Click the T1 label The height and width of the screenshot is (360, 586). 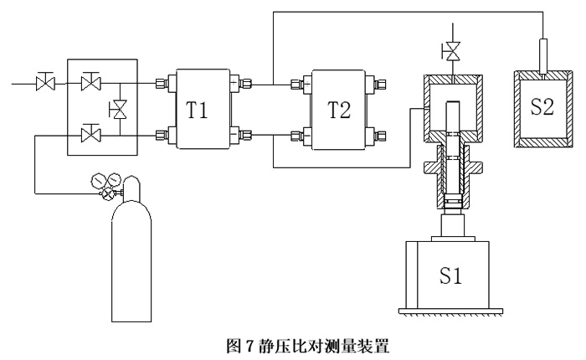(198, 111)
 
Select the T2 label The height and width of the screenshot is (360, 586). (340, 111)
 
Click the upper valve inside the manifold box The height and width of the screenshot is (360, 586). (88, 83)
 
